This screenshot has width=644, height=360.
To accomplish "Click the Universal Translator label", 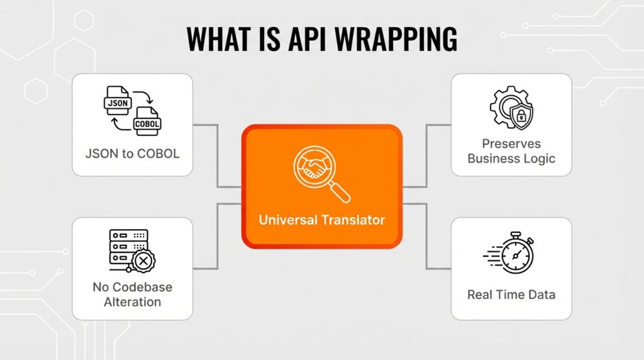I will [321, 220].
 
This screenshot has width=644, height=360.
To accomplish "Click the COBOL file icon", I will [147, 122].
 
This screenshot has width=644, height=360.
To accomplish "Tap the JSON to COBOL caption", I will [132, 153].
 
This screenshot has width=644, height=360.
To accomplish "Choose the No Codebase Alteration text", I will [132, 294].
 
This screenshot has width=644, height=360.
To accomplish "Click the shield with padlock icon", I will [521, 115].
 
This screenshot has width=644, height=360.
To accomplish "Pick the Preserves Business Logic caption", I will [511, 151].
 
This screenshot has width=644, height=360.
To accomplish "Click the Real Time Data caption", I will [511, 294].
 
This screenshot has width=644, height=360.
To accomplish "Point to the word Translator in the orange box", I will [353, 220].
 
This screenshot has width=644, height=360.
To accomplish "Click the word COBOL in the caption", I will [157, 153].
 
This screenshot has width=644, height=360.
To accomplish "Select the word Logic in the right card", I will [540, 158].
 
